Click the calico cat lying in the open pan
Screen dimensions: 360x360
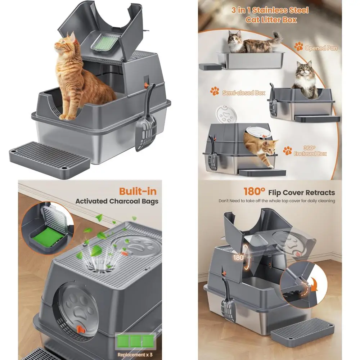pos(252,43)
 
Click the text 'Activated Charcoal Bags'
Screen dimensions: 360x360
pos(117,201)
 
